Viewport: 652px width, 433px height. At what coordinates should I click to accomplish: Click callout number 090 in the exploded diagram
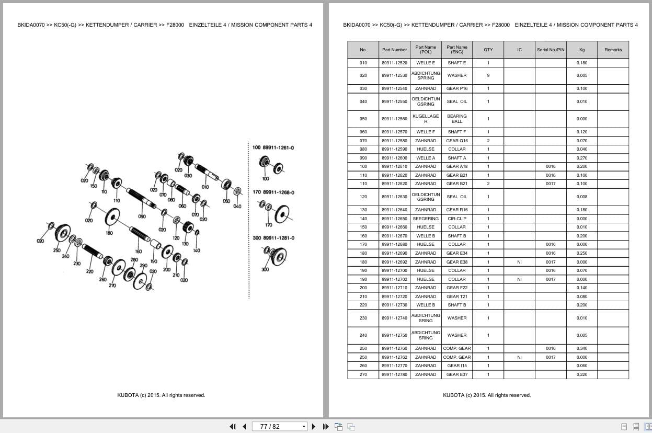[142, 216]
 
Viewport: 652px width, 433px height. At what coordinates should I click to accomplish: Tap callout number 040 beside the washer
[237, 206]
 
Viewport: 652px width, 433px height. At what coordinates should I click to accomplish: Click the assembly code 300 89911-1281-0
[273, 238]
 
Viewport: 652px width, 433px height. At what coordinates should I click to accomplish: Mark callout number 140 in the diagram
[196, 250]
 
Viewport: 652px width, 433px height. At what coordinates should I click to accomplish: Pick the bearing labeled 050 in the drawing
[226, 185]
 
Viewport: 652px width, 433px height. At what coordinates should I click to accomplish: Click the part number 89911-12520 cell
[394, 63]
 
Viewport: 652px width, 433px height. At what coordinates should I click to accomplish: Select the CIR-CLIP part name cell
[456, 219]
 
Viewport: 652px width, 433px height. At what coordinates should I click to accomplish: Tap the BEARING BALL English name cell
[456, 119]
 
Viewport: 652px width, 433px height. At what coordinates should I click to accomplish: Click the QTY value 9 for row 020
[488, 75]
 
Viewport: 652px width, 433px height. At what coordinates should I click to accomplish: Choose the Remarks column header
[613, 50]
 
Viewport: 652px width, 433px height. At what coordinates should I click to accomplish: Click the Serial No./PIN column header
[551, 50]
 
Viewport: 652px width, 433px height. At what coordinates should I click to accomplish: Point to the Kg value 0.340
[581, 348]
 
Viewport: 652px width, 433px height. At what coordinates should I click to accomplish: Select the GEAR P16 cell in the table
[456, 88]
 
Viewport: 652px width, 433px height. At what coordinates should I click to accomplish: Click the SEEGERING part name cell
[426, 219]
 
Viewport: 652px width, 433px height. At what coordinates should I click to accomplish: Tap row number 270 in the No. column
[363, 374]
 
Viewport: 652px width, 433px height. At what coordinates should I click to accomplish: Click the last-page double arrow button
[326, 427]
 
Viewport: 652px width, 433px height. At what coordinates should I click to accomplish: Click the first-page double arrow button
[233, 427]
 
